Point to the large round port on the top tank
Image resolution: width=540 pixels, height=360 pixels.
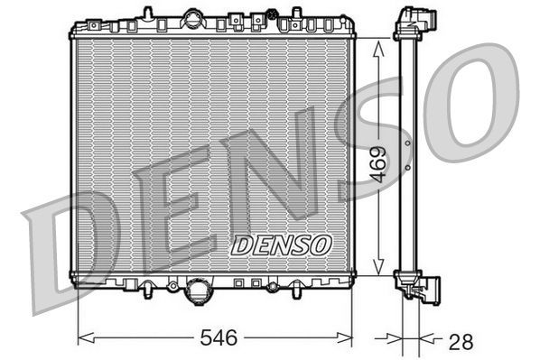tap(193, 18)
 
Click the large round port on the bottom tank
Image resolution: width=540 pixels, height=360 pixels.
tap(197, 291)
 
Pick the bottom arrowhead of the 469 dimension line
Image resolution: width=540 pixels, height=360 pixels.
tap(379, 270)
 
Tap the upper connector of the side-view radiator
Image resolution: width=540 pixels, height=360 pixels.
tap(418, 22)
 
